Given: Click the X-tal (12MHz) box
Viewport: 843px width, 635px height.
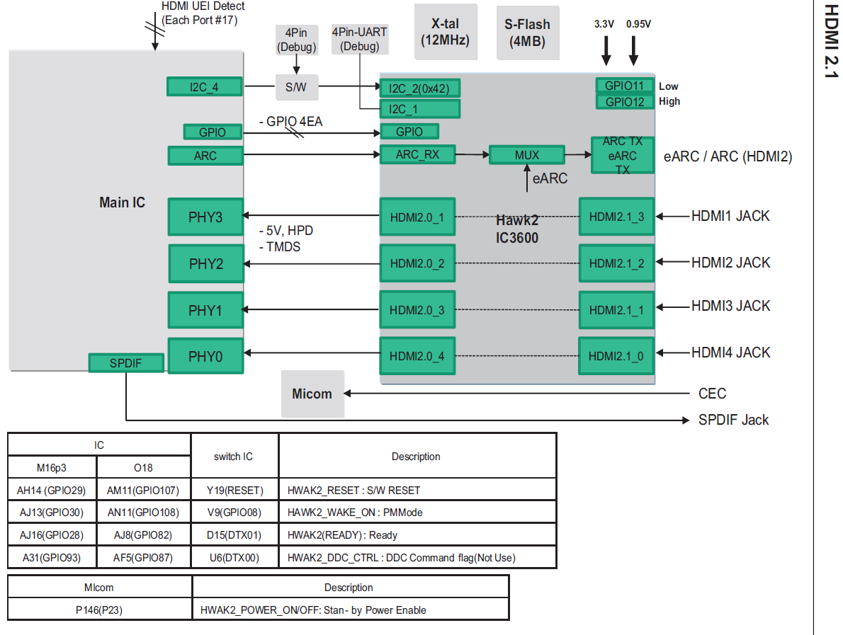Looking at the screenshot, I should coord(445,33).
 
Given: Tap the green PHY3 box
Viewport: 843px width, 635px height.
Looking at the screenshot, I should coord(205,217).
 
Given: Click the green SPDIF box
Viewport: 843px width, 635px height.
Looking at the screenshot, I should coord(126,363).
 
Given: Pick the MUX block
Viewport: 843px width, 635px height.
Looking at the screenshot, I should coord(526,155).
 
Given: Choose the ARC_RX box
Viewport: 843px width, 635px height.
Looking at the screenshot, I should coord(417,155).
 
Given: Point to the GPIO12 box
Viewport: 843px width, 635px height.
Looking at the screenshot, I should coord(624,101).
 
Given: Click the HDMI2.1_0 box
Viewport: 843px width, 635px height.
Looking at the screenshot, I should coord(616,356).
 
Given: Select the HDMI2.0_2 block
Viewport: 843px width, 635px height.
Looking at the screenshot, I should coord(417,264).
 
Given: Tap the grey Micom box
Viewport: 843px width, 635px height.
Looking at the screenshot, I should coord(312,394).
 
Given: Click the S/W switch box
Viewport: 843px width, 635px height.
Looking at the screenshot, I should coord(296,88).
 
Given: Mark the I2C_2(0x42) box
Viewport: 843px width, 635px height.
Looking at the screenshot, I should coord(420,88).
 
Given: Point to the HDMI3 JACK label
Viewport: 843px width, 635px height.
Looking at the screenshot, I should coord(730,306).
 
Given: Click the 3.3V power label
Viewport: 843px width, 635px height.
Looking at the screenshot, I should coord(604,24).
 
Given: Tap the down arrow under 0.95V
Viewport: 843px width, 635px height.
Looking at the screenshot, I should coord(633,50).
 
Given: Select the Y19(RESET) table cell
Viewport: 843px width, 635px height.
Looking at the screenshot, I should coord(234,490).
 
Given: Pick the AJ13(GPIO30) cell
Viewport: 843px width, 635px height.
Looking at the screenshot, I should coord(51,513).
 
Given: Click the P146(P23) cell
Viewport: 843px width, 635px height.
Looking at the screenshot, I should coord(99,610).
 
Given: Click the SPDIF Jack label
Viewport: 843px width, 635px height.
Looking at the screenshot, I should coord(733,420).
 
